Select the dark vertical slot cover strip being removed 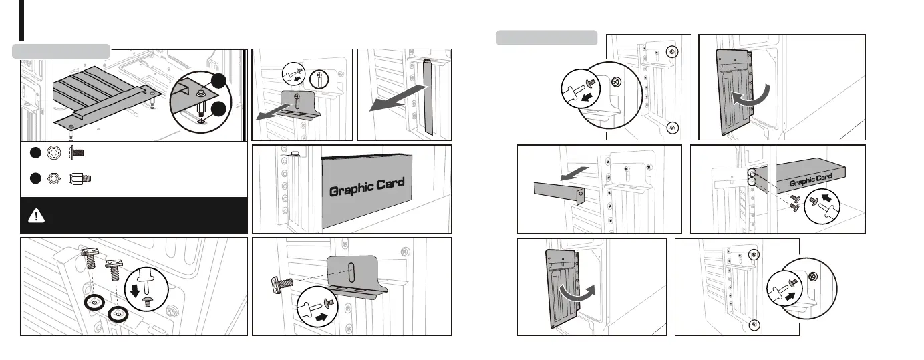pos(428,97)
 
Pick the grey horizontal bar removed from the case pos(559,192)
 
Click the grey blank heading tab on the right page pos(547,38)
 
